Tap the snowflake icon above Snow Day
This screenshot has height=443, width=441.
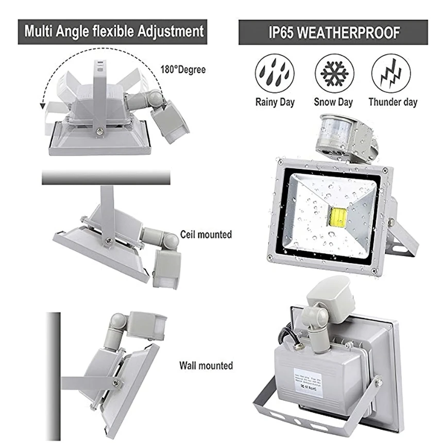[x=334, y=73]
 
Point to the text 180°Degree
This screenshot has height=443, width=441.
[x=183, y=69]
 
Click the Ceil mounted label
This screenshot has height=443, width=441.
[x=206, y=235]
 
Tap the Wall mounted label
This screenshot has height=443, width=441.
[x=206, y=366]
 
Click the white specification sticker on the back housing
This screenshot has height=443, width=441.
[x=307, y=381]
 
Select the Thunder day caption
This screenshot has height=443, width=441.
[x=393, y=102]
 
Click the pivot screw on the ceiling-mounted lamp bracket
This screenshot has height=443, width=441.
[x=109, y=240]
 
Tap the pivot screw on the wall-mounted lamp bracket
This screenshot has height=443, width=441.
[x=117, y=383]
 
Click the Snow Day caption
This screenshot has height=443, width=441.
[x=333, y=102]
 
